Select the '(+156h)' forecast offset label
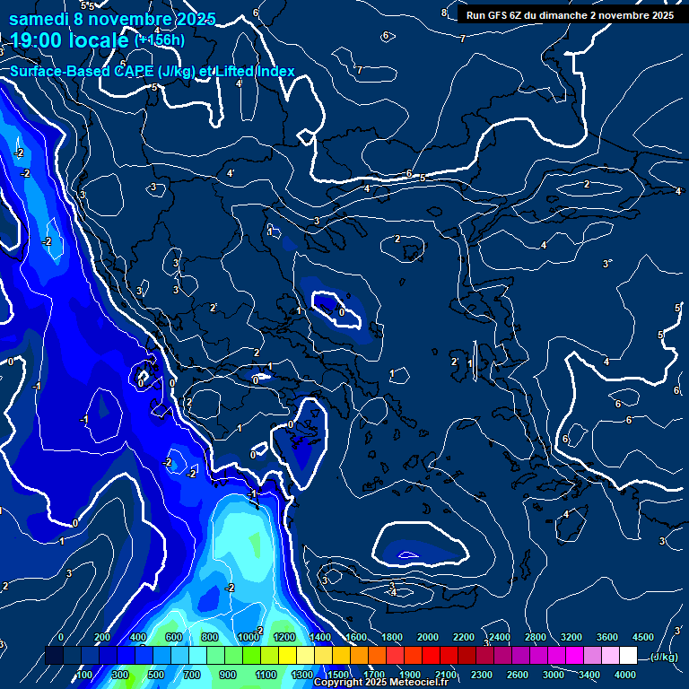click(160, 39)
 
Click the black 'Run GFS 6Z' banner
click(570, 15)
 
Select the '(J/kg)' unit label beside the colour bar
click(662, 658)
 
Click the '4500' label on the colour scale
click(642, 637)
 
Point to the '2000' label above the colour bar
click(428, 637)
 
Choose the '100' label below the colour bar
click(84, 675)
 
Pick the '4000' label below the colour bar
click(625, 675)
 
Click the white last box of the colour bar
click(628, 656)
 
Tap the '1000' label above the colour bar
click(249, 637)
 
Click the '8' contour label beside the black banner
click(444, 13)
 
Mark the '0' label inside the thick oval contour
click(342, 311)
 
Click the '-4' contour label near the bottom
click(392, 592)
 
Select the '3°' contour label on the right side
click(607, 264)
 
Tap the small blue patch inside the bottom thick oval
click(408, 554)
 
